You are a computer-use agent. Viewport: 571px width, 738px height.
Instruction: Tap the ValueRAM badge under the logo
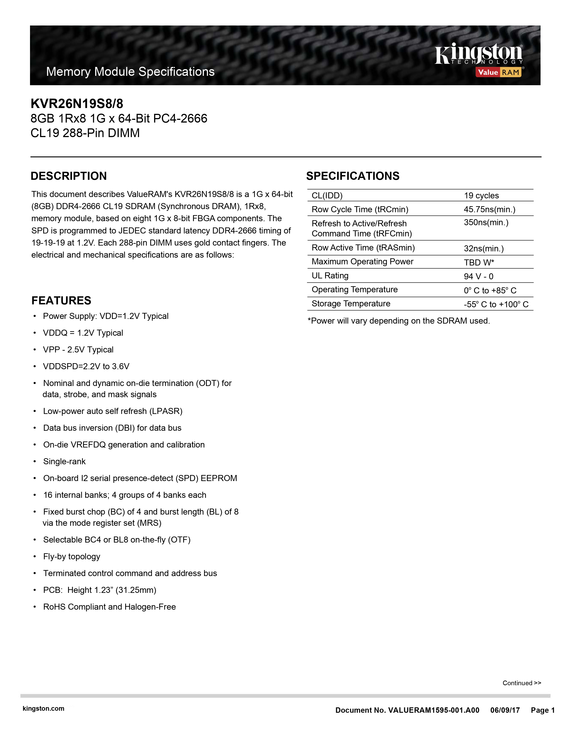(499, 72)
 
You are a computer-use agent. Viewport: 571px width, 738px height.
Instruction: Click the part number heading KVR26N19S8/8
(77, 103)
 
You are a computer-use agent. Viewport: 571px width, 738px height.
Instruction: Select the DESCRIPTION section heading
(69, 176)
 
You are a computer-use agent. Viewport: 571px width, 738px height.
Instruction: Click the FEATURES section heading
(61, 300)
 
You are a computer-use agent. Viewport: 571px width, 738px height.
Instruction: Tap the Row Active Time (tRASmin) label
(363, 248)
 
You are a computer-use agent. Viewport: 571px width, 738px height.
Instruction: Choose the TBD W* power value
(479, 263)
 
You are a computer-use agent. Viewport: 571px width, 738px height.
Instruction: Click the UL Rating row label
(330, 276)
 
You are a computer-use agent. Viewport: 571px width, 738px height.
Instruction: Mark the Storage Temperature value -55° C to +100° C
(496, 304)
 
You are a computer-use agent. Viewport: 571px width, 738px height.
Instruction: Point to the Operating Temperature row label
(354, 290)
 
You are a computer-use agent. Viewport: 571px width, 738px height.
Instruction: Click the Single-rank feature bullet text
(64, 462)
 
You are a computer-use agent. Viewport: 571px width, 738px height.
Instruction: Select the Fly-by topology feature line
(72, 557)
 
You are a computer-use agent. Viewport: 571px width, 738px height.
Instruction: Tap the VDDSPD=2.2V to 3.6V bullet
(86, 367)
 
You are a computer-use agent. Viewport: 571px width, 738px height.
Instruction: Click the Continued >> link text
(522, 683)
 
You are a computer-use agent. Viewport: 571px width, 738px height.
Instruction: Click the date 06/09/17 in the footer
(505, 710)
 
